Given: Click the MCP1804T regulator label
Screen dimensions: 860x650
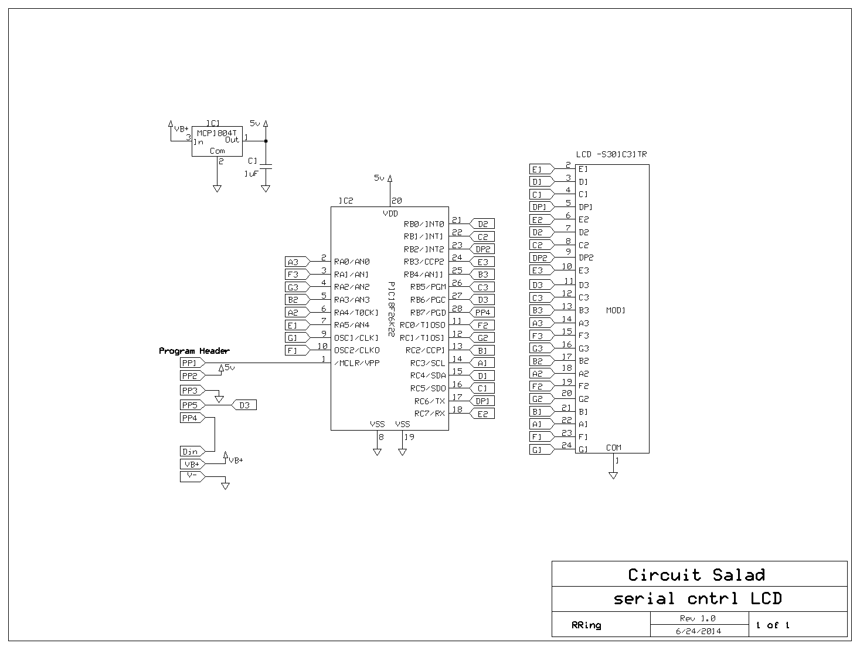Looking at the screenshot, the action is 217,133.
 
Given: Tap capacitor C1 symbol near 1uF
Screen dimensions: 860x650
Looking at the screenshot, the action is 266,166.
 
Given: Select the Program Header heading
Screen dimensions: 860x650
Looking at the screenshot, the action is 194,351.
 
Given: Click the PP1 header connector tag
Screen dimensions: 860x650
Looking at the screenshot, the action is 192,363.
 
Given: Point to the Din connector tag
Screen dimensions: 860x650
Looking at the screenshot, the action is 192,452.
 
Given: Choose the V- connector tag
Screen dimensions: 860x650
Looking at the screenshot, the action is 192,476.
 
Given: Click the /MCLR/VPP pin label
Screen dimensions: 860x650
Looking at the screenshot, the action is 356,363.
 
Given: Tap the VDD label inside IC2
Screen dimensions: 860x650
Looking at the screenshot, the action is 390,214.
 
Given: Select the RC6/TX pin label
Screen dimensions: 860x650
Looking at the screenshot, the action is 430,401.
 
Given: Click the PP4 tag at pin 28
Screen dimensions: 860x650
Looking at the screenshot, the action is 481,313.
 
